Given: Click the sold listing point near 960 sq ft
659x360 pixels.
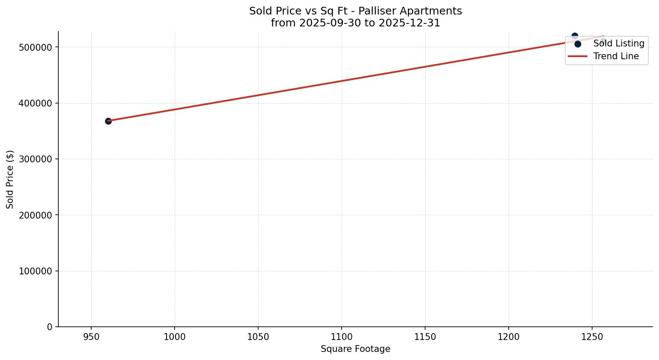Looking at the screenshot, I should pyautogui.click(x=108, y=121).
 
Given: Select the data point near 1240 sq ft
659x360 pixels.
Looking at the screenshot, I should pyautogui.click(x=575, y=36).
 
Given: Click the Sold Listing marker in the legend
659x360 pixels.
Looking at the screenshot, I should pyautogui.click(x=578, y=44).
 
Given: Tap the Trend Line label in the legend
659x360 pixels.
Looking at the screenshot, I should pyautogui.click(x=616, y=56).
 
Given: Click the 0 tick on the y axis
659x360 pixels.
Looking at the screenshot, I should pyautogui.click(x=49, y=327).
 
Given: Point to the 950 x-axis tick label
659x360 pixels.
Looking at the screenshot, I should pyautogui.click(x=91, y=337).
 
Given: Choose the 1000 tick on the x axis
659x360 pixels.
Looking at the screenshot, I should pyautogui.click(x=175, y=337).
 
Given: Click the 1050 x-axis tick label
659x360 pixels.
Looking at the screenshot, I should pyautogui.click(x=258, y=337).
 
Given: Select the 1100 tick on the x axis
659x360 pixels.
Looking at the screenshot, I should pyautogui.click(x=342, y=337).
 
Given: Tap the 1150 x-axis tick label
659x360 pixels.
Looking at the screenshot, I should pyautogui.click(x=425, y=337).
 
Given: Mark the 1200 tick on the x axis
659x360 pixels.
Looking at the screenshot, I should pyautogui.click(x=509, y=337).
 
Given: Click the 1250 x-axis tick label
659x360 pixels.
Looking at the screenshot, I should pyautogui.click(x=592, y=337).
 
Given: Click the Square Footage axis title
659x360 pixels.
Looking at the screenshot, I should pyautogui.click(x=355, y=349).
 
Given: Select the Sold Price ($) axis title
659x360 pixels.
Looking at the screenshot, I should pyautogui.click(x=10, y=179).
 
